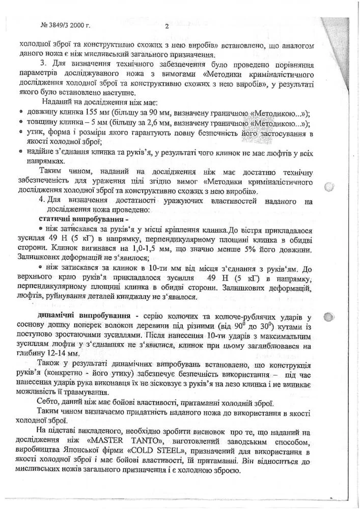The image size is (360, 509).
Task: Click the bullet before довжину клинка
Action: click(19, 113)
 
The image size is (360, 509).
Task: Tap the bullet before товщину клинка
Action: click(19, 123)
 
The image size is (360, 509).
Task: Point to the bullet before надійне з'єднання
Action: click(19, 151)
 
